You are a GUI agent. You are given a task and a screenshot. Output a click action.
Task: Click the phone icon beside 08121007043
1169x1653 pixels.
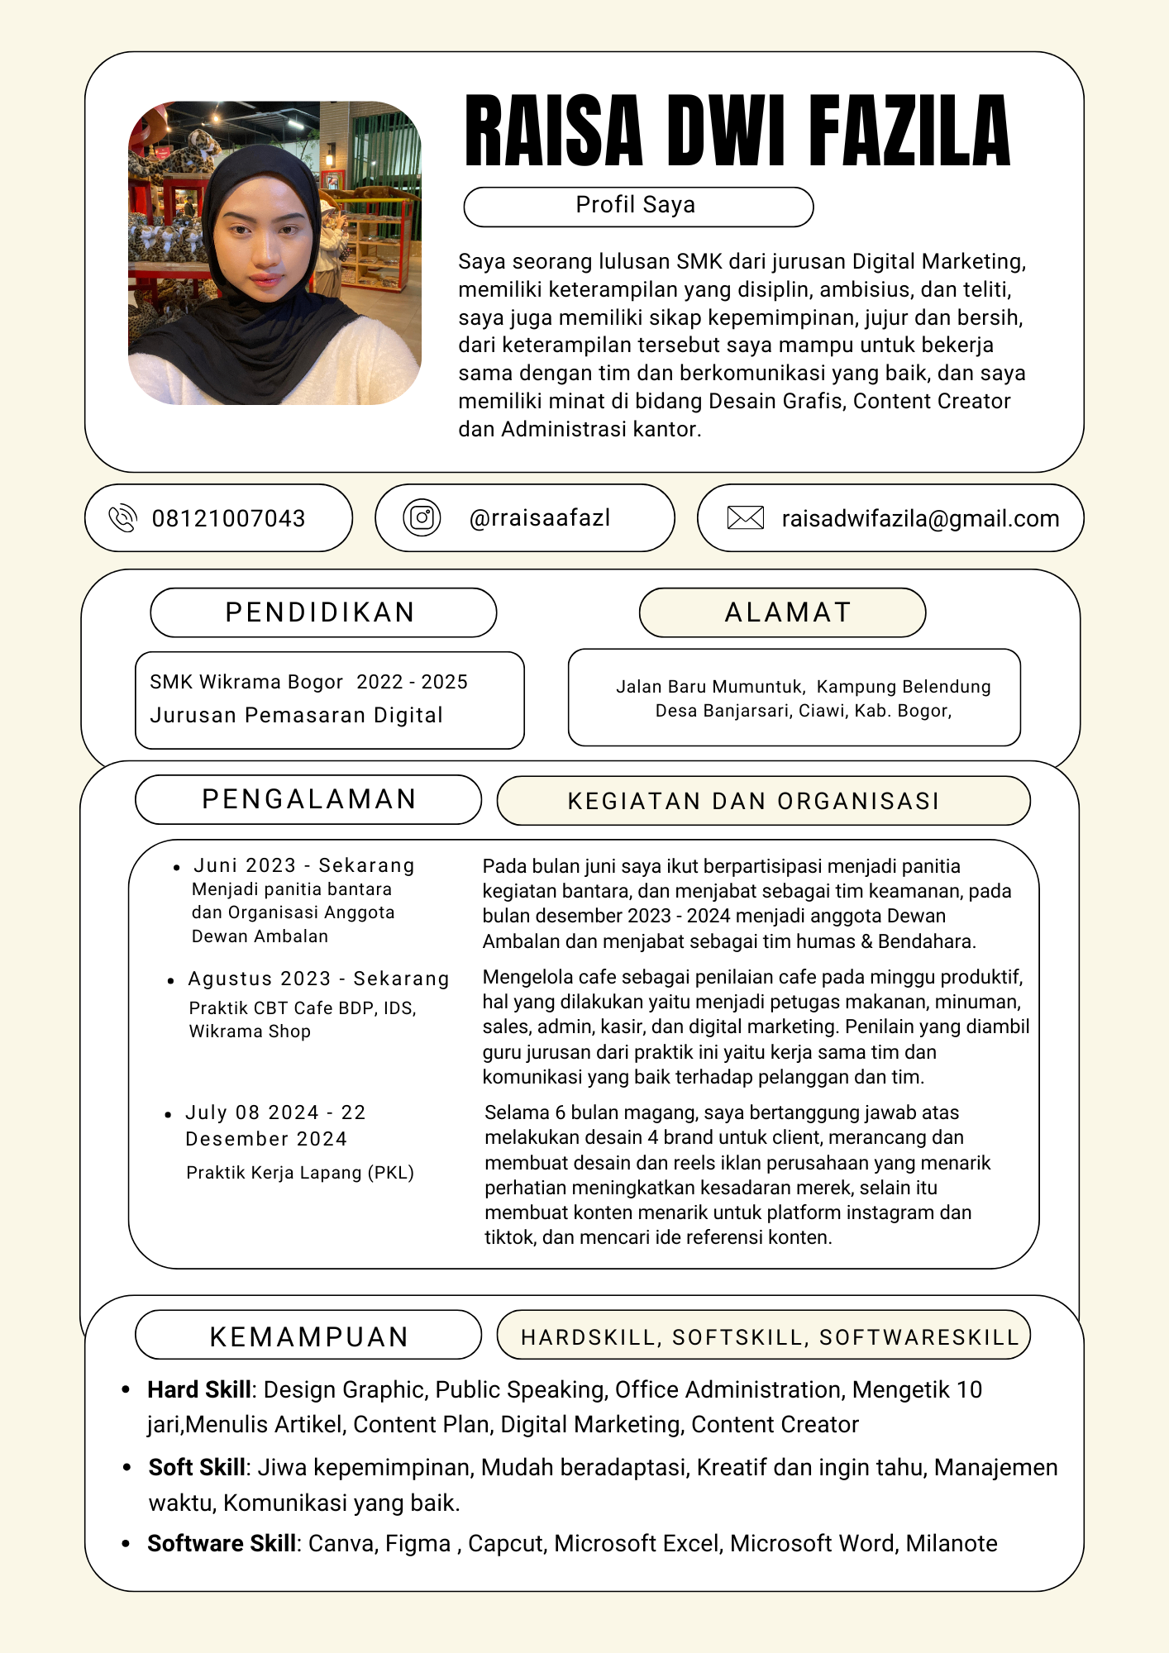click(122, 518)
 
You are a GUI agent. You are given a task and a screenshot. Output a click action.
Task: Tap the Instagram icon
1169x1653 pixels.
click(422, 518)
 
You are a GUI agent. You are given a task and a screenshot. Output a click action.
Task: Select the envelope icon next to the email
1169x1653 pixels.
click(745, 518)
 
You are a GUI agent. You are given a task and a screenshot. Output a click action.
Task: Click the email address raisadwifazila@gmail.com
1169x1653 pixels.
click(920, 519)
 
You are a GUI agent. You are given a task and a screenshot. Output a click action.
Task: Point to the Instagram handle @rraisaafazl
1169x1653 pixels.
click(539, 518)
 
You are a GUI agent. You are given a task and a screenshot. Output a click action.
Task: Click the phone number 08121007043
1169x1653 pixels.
click(228, 519)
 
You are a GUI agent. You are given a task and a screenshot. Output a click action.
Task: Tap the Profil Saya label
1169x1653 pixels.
click(635, 205)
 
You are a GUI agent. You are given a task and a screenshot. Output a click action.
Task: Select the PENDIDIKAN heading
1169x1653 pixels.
click(321, 612)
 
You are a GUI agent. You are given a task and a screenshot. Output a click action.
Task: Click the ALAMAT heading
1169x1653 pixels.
click(788, 612)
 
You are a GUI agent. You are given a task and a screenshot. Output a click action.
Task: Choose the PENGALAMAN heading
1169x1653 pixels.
click(309, 799)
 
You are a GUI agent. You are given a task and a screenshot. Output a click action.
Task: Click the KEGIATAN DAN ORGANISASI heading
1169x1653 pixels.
click(753, 801)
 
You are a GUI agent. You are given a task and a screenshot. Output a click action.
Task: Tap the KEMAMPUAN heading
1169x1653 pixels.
click(309, 1336)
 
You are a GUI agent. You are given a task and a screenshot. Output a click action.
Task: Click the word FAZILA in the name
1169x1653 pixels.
click(909, 131)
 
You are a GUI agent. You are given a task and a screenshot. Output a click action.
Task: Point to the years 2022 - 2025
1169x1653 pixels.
click(412, 682)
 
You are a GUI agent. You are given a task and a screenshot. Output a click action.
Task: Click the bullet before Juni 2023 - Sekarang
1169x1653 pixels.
click(176, 868)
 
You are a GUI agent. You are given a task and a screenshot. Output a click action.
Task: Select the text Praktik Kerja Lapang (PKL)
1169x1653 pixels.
click(300, 1173)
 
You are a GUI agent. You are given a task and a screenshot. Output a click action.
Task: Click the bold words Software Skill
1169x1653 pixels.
click(222, 1544)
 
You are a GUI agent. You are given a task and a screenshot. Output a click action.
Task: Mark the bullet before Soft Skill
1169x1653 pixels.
click(126, 1468)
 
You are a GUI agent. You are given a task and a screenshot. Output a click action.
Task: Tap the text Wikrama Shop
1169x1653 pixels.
click(250, 1031)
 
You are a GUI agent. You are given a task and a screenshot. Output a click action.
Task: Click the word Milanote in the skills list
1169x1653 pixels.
click(952, 1544)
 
